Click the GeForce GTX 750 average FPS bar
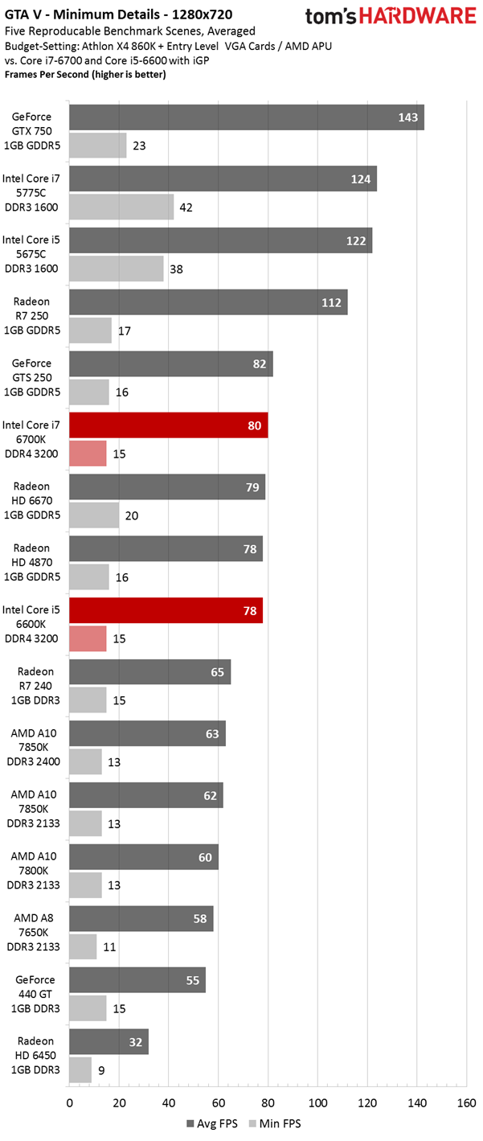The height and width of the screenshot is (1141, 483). click(x=247, y=117)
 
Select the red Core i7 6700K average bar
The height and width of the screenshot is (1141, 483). click(x=169, y=425)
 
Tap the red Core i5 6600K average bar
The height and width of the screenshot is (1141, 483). click(x=166, y=610)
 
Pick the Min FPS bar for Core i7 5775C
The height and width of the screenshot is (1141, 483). click(x=121, y=207)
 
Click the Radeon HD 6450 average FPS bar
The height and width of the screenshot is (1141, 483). click(x=108, y=1041)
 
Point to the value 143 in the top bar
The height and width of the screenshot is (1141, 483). click(x=407, y=117)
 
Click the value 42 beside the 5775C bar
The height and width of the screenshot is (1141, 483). click(x=187, y=207)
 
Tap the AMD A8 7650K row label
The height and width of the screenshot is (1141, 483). click(x=32, y=932)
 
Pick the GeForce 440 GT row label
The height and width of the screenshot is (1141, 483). click(x=32, y=994)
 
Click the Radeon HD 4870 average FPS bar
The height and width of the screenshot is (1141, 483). click(x=166, y=548)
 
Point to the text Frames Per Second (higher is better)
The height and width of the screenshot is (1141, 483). click(x=84, y=75)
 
